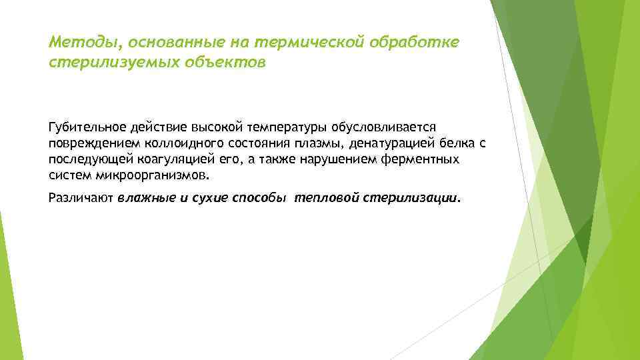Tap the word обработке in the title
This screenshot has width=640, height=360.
coord(418,43)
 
